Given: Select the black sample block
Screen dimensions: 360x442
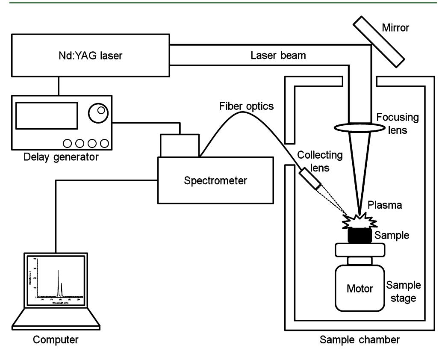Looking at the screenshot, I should (360, 236).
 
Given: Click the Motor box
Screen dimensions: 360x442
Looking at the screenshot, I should (360, 288).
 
